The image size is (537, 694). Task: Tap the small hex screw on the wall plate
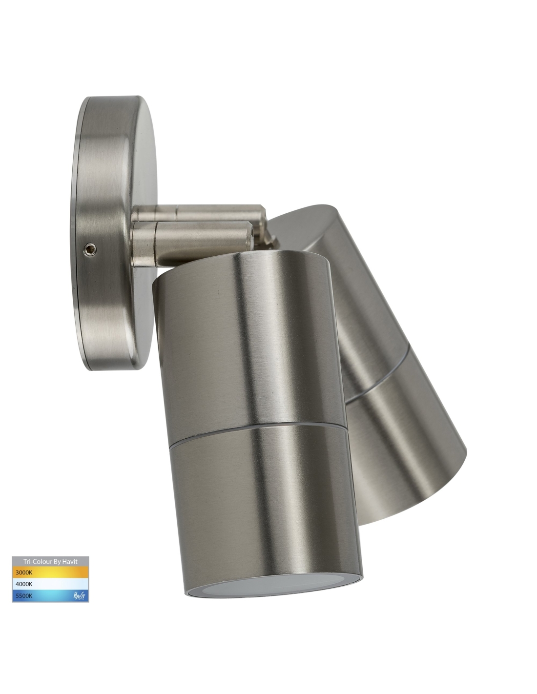90,248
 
